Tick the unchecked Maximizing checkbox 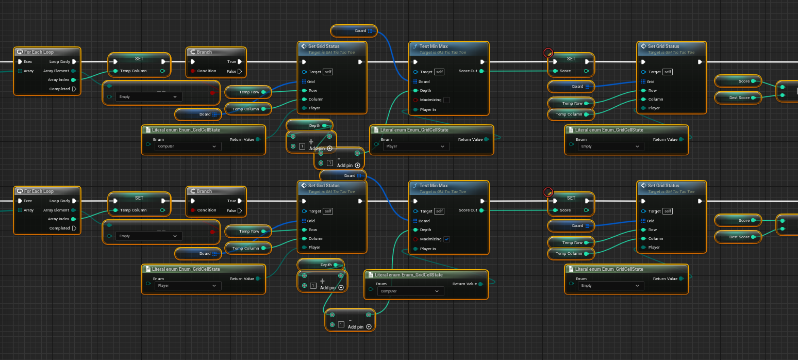[446, 100]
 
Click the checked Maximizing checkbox [446, 239]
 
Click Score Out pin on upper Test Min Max [481, 71]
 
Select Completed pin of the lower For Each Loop [74, 228]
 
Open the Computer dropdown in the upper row [188, 146]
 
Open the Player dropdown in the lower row [188, 286]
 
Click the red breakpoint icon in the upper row [548, 53]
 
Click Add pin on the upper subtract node [358, 166]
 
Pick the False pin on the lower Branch [240, 210]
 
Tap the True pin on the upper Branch [240, 62]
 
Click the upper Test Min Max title [434, 47]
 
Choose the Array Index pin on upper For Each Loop [74, 80]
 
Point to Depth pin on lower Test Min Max [415, 230]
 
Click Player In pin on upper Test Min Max [415, 109]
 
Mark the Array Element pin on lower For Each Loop [74, 210]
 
